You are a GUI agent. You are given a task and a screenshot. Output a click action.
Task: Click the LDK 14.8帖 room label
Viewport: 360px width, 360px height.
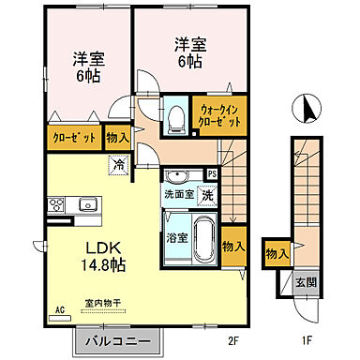(106, 255)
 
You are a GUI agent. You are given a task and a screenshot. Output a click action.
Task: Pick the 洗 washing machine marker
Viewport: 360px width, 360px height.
(205, 197)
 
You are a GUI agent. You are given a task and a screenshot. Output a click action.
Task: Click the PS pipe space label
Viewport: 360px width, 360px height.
(212, 173)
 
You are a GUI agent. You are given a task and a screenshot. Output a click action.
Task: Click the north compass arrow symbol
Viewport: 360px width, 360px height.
(303, 111)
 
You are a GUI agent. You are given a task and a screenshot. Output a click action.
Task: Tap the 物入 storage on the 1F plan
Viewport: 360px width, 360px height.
(276, 254)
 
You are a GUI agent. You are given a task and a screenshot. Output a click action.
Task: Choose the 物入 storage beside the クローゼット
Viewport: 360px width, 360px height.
(117, 138)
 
